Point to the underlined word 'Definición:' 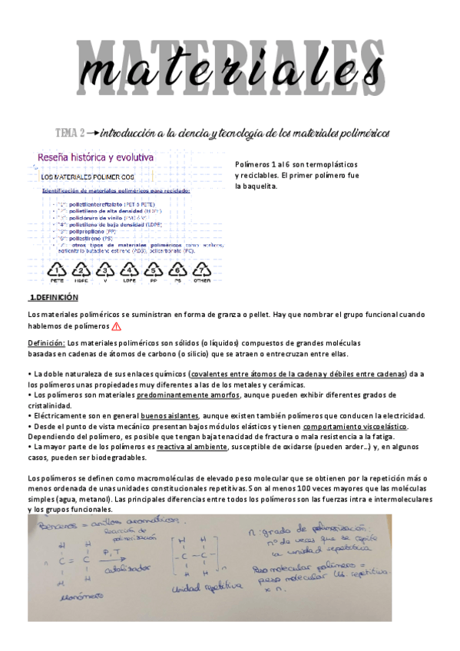tap(46, 342)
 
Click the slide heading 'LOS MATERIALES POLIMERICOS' tap(88, 177)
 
